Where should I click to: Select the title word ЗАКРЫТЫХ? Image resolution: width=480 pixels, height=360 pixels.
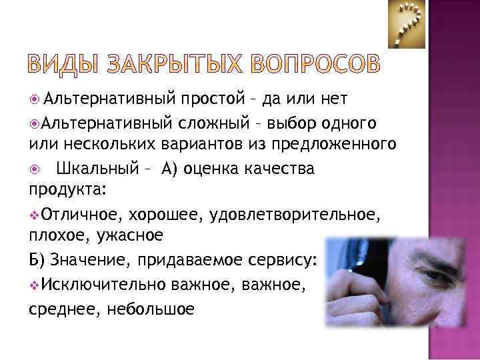tap(171, 65)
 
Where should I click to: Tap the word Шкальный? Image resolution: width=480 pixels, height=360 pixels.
tap(97, 167)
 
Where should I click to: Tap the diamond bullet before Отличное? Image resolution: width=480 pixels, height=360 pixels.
tap(34, 214)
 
